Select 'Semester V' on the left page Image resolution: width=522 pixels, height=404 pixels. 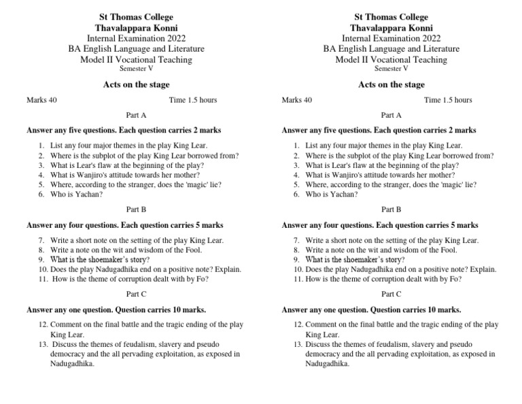(x=137, y=69)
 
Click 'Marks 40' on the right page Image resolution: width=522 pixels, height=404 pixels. (x=297, y=100)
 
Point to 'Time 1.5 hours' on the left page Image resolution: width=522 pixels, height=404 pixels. (x=193, y=100)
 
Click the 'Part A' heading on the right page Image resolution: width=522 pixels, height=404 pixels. (x=391, y=116)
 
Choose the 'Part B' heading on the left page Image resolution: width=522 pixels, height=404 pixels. (x=137, y=210)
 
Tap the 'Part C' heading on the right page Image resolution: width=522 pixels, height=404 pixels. (x=391, y=294)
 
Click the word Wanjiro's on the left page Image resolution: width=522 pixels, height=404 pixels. (x=98, y=175)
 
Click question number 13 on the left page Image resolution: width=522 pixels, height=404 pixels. (x=44, y=344)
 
